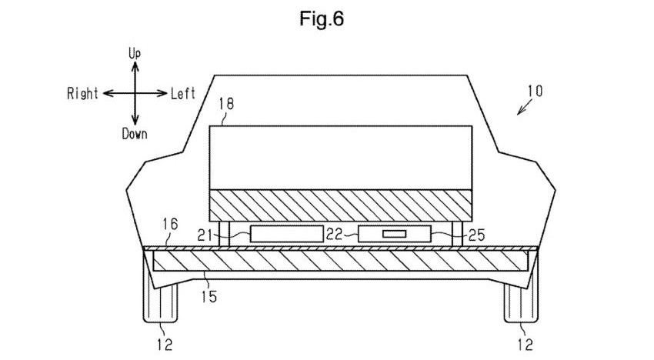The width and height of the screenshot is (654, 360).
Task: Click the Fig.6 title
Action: click(322, 18)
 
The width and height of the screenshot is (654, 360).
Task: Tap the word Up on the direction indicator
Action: click(135, 53)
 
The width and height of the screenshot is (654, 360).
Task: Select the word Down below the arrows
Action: click(135, 134)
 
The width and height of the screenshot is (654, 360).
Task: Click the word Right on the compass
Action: click(82, 93)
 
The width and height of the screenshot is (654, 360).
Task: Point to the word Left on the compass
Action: click(183, 93)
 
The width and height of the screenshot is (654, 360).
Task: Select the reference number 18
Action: click(226, 103)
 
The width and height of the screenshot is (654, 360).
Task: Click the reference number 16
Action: click(170, 225)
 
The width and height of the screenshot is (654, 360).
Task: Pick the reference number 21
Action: click(205, 235)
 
